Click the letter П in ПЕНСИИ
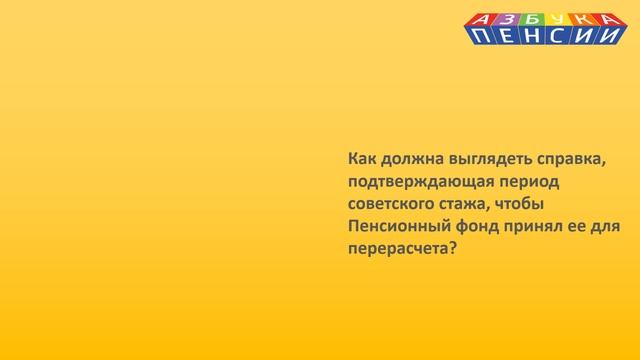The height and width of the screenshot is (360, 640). click(482, 36)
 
